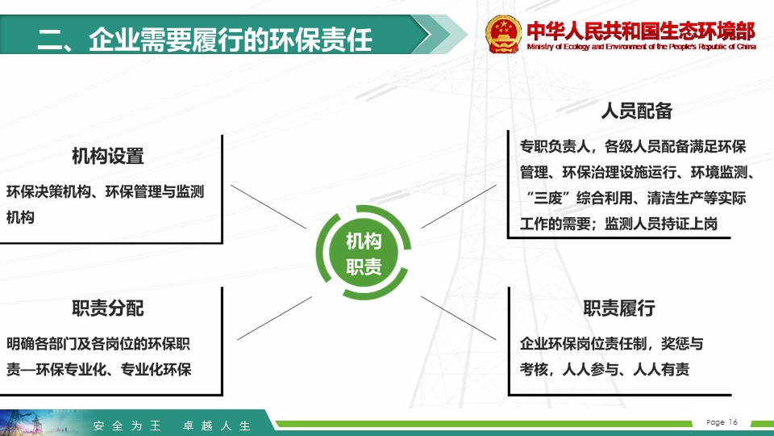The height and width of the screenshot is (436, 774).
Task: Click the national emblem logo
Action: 502,34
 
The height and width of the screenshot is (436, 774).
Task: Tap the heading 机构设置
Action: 107,156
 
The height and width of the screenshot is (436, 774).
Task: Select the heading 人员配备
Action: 636,111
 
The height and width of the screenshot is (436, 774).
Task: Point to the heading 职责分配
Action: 107,308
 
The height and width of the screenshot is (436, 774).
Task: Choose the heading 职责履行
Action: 619,308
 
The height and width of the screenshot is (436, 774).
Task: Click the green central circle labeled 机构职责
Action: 364,253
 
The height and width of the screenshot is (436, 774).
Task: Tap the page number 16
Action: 733,421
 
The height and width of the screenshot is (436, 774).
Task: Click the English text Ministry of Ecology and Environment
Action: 641,47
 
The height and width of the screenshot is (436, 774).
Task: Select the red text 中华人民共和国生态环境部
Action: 641,31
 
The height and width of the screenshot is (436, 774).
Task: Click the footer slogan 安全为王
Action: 127,426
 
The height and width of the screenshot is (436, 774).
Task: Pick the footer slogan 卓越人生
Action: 217,426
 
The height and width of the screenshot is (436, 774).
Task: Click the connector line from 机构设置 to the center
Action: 268,207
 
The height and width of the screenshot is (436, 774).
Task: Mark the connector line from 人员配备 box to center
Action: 459,207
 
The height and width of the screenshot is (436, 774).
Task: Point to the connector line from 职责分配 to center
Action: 274,318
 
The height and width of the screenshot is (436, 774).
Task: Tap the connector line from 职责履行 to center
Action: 459,318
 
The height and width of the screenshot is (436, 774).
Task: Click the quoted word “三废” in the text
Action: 548,199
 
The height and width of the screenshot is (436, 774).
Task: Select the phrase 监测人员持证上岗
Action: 661,224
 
